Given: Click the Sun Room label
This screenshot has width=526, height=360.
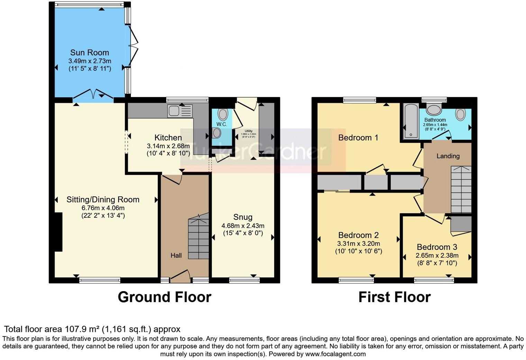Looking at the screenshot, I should click(89, 53).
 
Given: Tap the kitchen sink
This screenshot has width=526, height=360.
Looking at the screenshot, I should click(180, 111).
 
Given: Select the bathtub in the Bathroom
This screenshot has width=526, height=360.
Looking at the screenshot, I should click(411, 121).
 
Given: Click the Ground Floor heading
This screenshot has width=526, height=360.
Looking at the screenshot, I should click(164, 297).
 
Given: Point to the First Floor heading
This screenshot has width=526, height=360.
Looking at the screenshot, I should click(394, 297).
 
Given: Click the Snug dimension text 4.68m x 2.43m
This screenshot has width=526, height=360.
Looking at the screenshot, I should click(243, 226).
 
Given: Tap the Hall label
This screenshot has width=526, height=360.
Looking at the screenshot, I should click(176, 255).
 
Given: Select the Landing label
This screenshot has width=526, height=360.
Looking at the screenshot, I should click(448, 156).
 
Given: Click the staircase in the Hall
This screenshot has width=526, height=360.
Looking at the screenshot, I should click(199, 239).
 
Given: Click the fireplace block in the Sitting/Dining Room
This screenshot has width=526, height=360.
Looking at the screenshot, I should click(58, 232).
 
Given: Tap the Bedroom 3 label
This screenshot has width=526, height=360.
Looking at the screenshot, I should click(437, 247).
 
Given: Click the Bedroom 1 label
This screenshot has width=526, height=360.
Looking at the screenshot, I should click(358, 138).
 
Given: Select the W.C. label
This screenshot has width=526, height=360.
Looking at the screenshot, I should click(221, 124).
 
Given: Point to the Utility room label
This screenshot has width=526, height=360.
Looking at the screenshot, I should click(248, 131).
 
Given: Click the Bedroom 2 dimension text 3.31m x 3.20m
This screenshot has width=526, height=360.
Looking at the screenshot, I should click(358, 243).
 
